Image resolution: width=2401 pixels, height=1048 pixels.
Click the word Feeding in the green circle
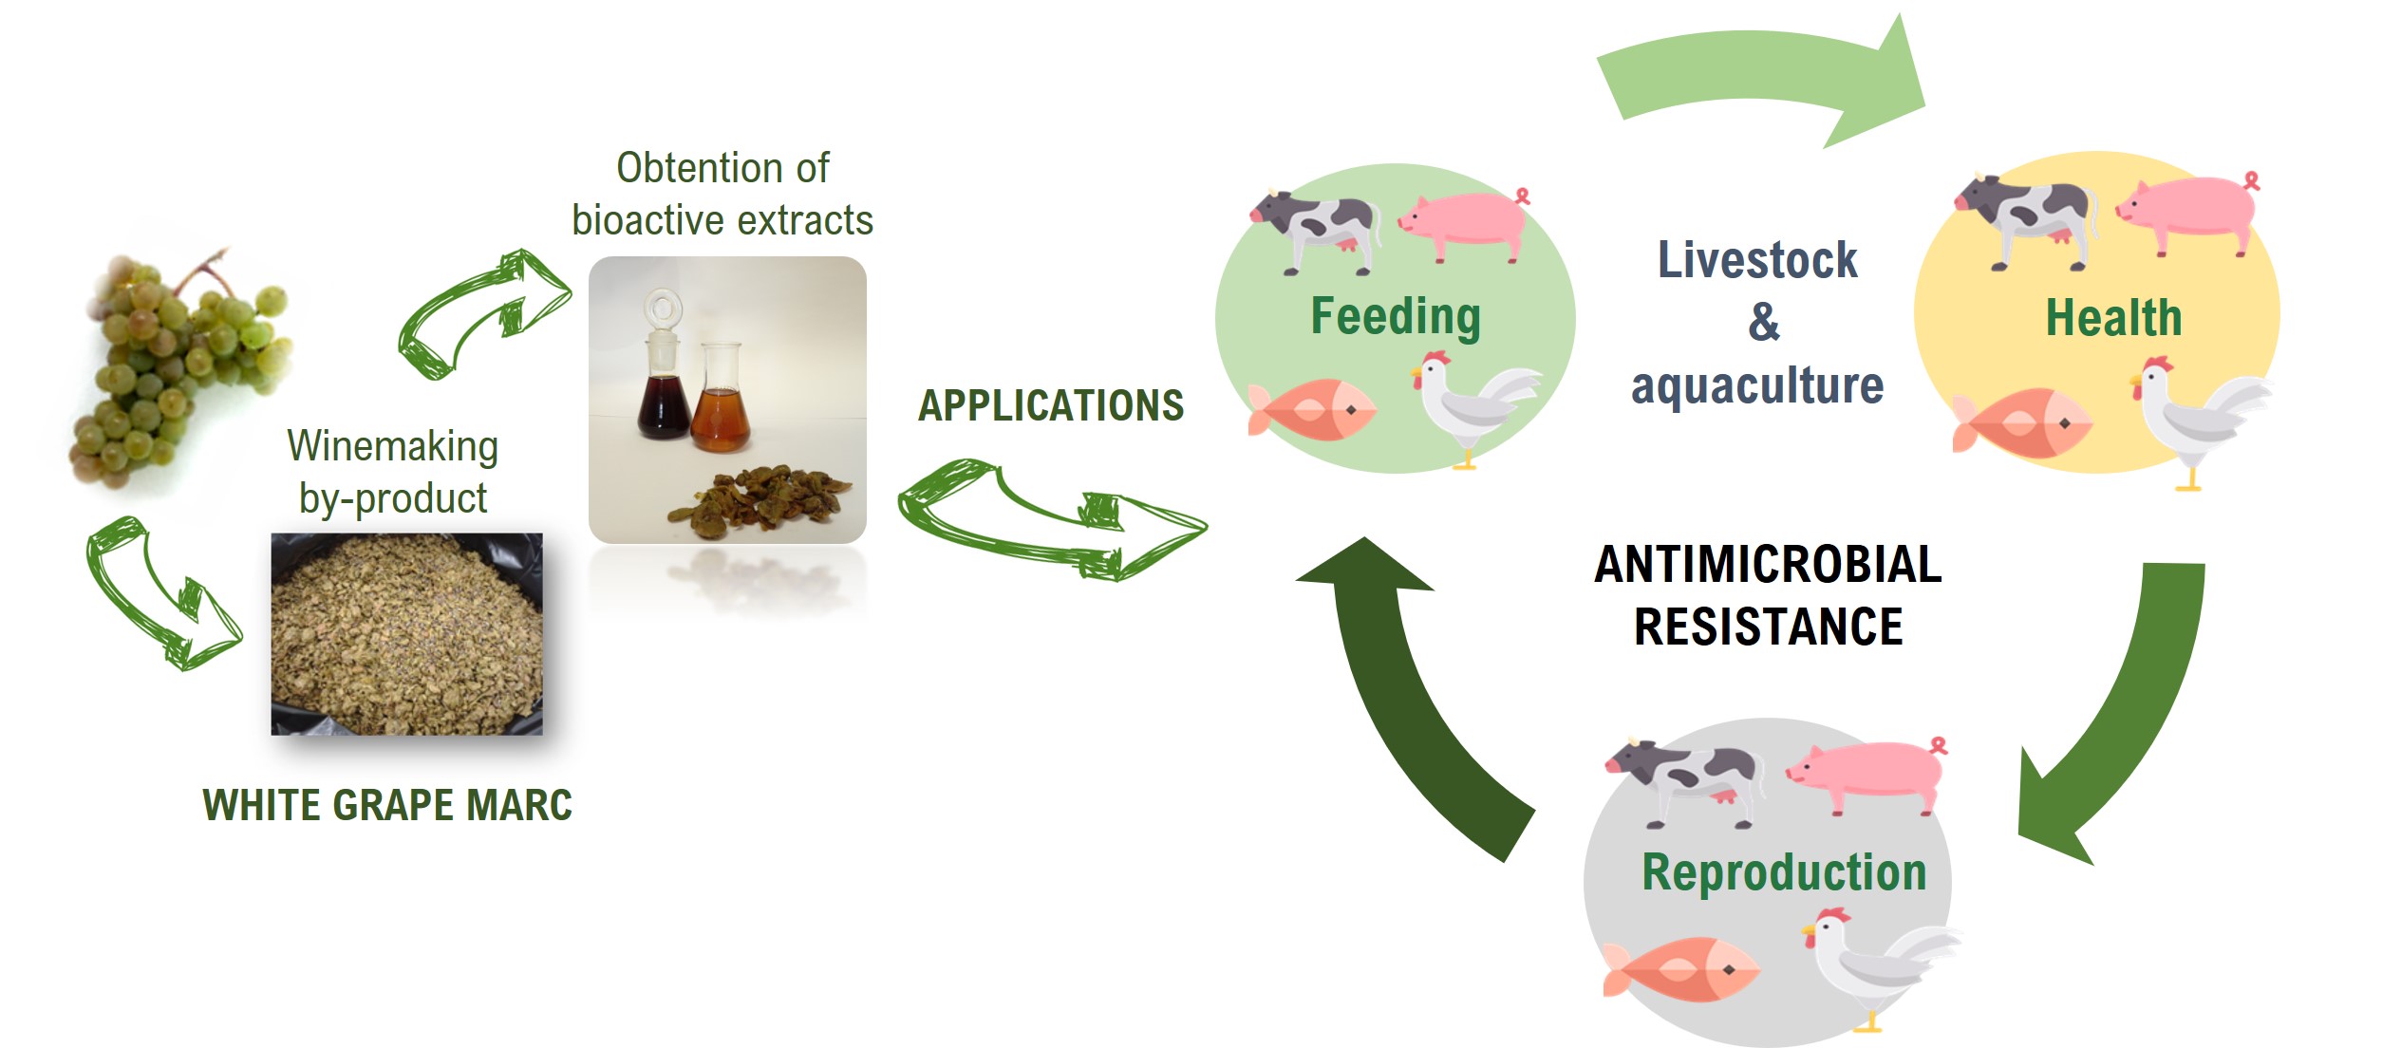point(1396,317)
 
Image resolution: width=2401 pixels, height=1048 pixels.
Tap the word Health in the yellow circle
point(2113,317)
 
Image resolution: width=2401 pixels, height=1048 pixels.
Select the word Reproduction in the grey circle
point(1784,872)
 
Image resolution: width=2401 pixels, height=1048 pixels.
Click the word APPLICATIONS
point(1050,405)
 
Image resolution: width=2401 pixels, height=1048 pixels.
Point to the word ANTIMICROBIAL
point(1768,564)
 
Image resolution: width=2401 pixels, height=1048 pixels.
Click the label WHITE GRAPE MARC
point(387,805)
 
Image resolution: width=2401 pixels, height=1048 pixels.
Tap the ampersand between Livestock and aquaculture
point(1763,321)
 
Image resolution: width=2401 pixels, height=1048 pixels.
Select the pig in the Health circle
point(2187,214)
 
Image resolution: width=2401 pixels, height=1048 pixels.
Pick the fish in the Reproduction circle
point(1680,968)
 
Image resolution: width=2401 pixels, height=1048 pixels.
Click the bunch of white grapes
point(180,365)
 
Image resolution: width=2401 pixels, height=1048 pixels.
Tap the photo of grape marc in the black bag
point(407,634)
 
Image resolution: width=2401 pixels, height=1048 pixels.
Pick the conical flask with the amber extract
point(722,399)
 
